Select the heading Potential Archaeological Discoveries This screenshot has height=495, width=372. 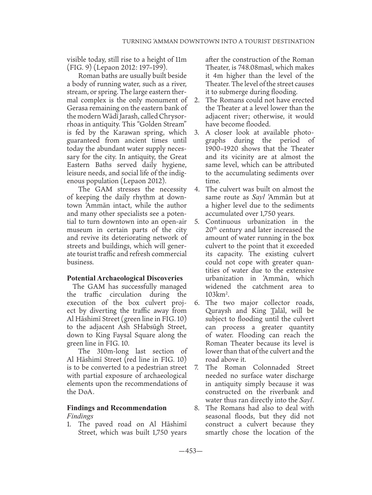pos(125,278)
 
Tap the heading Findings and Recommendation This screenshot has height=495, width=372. pos(117,408)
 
